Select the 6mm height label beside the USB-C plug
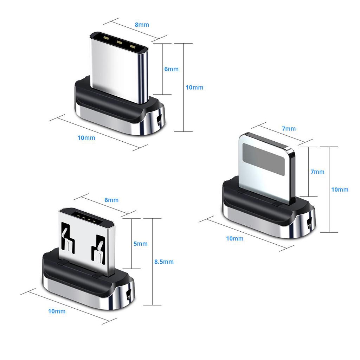(171, 69)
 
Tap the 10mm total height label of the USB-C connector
(194, 87)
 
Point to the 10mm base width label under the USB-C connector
(86, 138)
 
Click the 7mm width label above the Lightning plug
(289, 129)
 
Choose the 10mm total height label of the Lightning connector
(340, 189)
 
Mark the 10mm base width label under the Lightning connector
(234, 238)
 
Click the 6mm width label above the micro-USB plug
(111, 200)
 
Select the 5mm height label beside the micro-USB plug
(140, 244)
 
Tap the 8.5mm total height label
(164, 262)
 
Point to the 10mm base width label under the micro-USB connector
(57, 311)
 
